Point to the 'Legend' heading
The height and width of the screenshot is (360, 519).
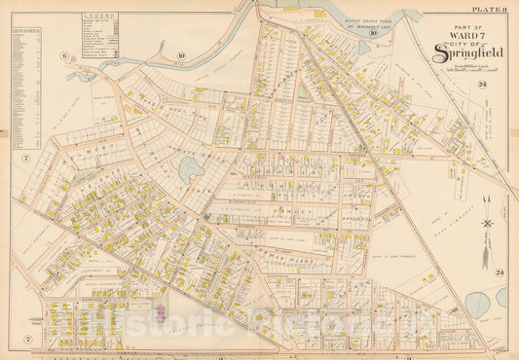point(95,18)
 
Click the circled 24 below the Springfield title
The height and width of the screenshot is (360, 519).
point(481,86)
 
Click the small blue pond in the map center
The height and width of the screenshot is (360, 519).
point(191,171)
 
